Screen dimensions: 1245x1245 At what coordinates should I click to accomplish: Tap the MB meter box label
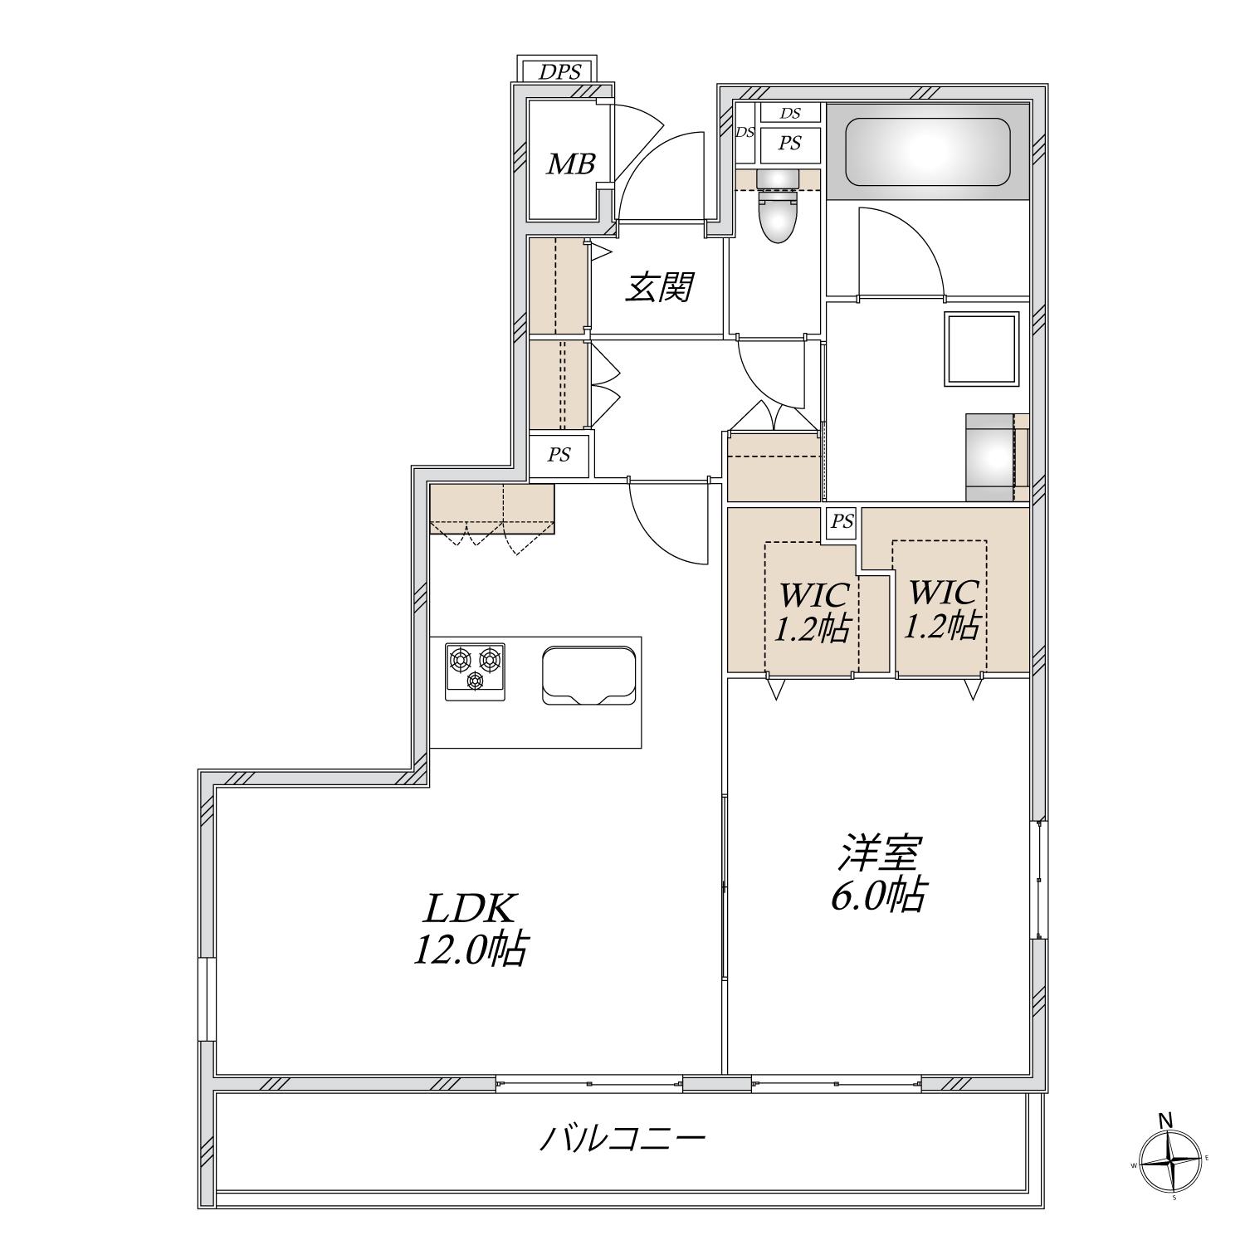[570, 164]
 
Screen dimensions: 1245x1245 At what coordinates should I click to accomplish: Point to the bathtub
[927, 152]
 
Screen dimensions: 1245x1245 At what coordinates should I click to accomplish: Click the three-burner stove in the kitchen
[475, 671]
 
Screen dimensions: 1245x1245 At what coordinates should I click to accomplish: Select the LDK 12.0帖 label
[471, 929]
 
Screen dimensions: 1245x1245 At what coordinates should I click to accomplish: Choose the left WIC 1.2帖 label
[812, 612]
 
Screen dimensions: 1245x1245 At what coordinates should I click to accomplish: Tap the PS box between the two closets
[842, 523]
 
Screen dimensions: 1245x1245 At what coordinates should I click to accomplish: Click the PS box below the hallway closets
[559, 455]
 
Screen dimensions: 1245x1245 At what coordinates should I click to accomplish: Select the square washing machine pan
[981, 349]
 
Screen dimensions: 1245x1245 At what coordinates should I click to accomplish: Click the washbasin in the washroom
[994, 456]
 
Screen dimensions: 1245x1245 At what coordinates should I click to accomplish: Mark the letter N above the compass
[1166, 1120]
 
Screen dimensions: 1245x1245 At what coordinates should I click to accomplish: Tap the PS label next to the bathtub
[789, 144]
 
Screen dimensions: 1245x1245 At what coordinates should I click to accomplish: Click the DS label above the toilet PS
[789, 113]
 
